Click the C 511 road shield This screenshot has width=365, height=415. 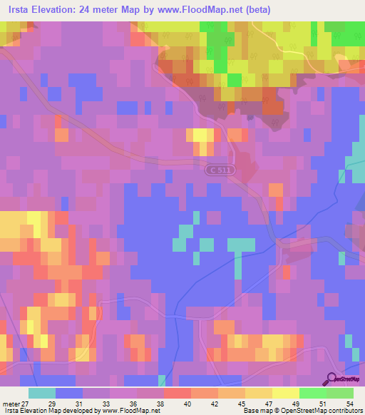220,169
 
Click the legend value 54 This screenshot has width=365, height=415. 349,404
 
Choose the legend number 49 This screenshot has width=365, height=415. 297,404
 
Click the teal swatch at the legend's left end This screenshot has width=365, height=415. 42,393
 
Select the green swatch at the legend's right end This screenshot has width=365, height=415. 339,393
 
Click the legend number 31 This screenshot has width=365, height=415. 82,404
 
